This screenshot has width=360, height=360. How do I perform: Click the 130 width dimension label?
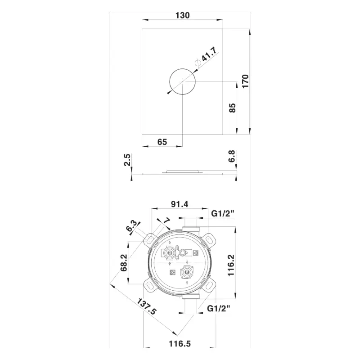pyautogui.click(x=183, y=15)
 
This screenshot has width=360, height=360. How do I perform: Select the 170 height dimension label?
pyautogui.click(x=245, y=81)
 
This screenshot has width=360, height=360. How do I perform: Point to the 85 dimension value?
pyautogui.click(x=232, y=108)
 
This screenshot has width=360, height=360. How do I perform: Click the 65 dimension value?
pyautogui.click(x=162, y=142)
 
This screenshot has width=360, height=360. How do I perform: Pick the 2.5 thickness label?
pyautogui.click(x=127, y=160)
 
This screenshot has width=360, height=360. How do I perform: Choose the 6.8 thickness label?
pyautogui.click(x=232, y=156)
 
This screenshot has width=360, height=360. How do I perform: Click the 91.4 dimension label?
pyautogui.click(x=180, y=204)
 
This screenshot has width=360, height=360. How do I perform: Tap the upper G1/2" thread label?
pyautogui.click(x=222, y=213)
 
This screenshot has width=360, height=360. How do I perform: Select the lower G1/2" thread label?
pyautogui.click(x=218, y=308)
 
